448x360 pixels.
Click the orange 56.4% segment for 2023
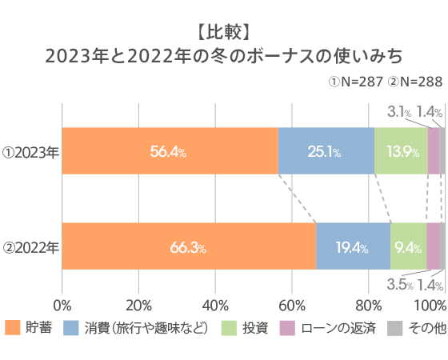tap(170, 150)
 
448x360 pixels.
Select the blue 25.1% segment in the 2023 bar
tap(326, 150)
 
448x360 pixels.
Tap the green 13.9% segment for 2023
tap(401, 150)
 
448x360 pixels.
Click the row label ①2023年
tap(30, 151)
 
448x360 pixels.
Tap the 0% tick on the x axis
tap(62, 305)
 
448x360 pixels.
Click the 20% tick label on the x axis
tap(138, 305)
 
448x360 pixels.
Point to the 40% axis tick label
tap(215, 305)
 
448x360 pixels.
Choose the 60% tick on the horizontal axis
tap(292, 305)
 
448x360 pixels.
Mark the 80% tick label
tap(368, 305)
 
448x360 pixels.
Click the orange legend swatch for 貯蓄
tap(12, 328)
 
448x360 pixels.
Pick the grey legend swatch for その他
tap(394, 328)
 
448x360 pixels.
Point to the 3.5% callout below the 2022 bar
tap(399, 284)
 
